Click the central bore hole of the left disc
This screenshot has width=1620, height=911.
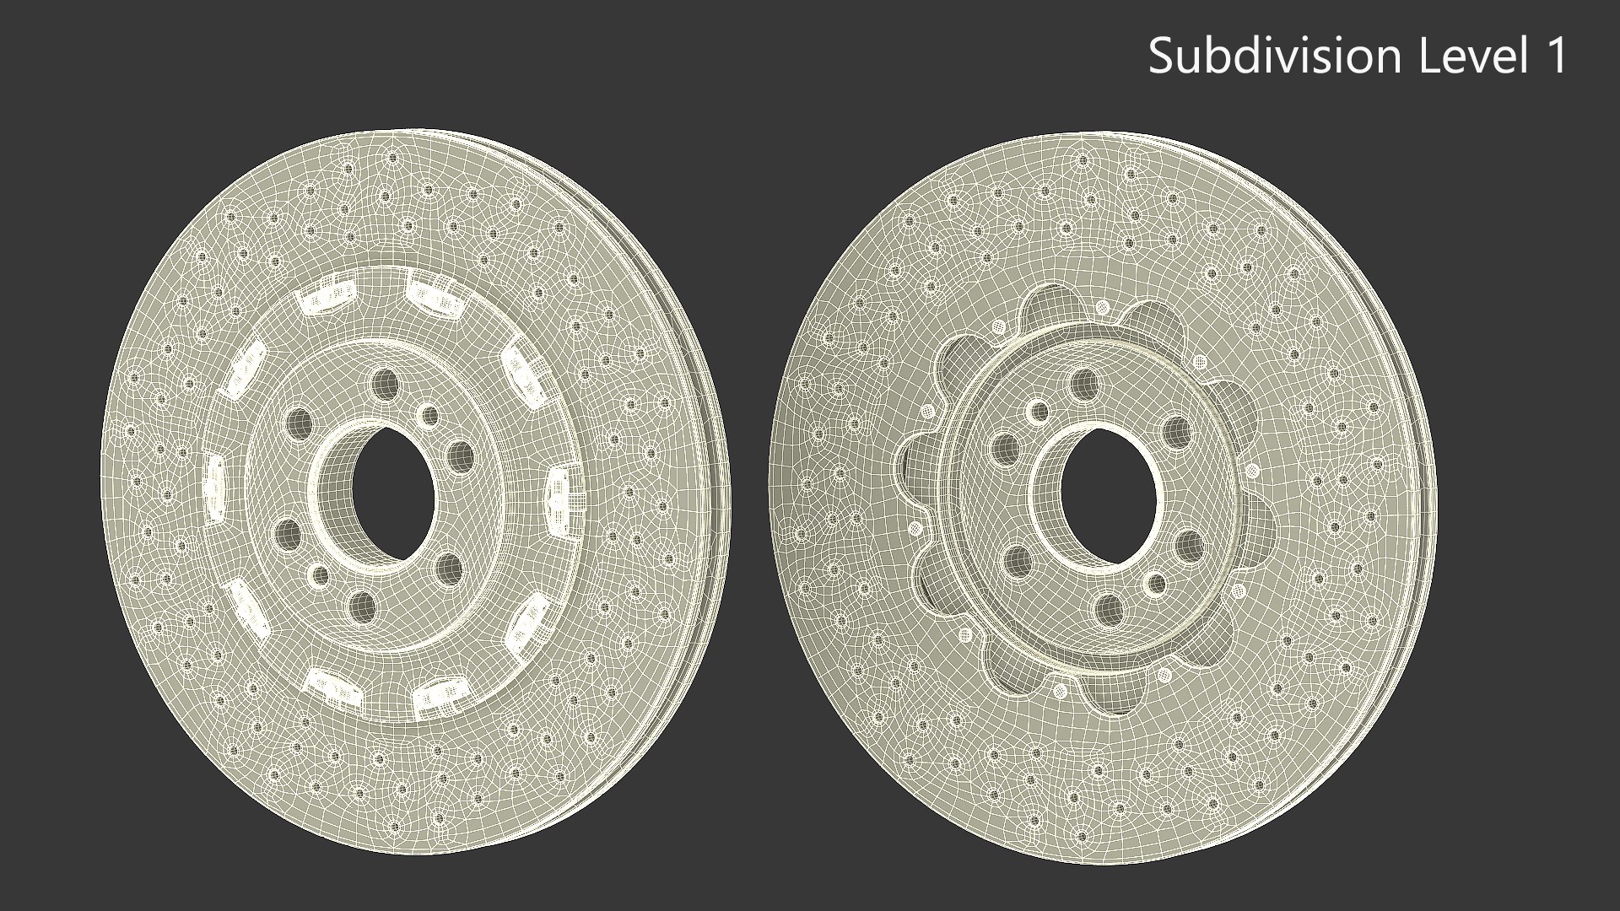click(390, 493)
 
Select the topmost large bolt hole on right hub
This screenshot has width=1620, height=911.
click(1084, 384)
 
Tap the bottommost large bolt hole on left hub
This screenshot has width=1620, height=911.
click(362, 604)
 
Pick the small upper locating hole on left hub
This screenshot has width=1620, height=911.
click(429, 415)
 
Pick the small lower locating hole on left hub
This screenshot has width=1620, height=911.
click(320, 575)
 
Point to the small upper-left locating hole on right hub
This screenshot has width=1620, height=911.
click(1037, 412)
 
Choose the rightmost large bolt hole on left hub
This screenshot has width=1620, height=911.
click(462, 457)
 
